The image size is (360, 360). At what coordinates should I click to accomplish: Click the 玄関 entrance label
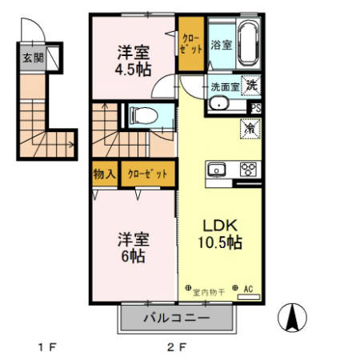33,58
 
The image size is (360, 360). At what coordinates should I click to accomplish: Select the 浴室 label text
221,45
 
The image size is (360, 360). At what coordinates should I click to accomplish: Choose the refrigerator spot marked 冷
249,127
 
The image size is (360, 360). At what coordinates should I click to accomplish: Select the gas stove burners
248,169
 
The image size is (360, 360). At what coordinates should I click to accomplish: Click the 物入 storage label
105,174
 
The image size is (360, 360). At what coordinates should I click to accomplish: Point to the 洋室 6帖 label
133,248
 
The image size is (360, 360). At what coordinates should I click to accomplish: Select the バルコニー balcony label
177,318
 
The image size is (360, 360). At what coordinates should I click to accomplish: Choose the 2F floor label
176,347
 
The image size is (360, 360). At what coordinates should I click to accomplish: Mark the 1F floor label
47,347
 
